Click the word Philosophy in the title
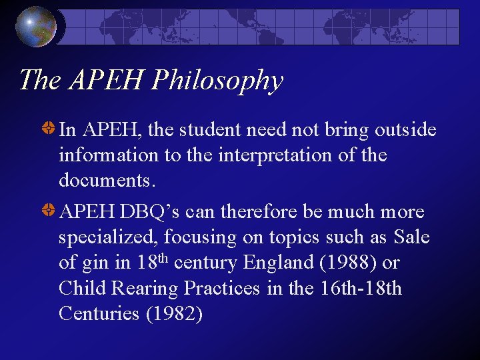(x=217, y=80)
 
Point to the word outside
(x=397, y=130)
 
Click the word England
(x=279, y=263)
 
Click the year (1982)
(x=173, y=313)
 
